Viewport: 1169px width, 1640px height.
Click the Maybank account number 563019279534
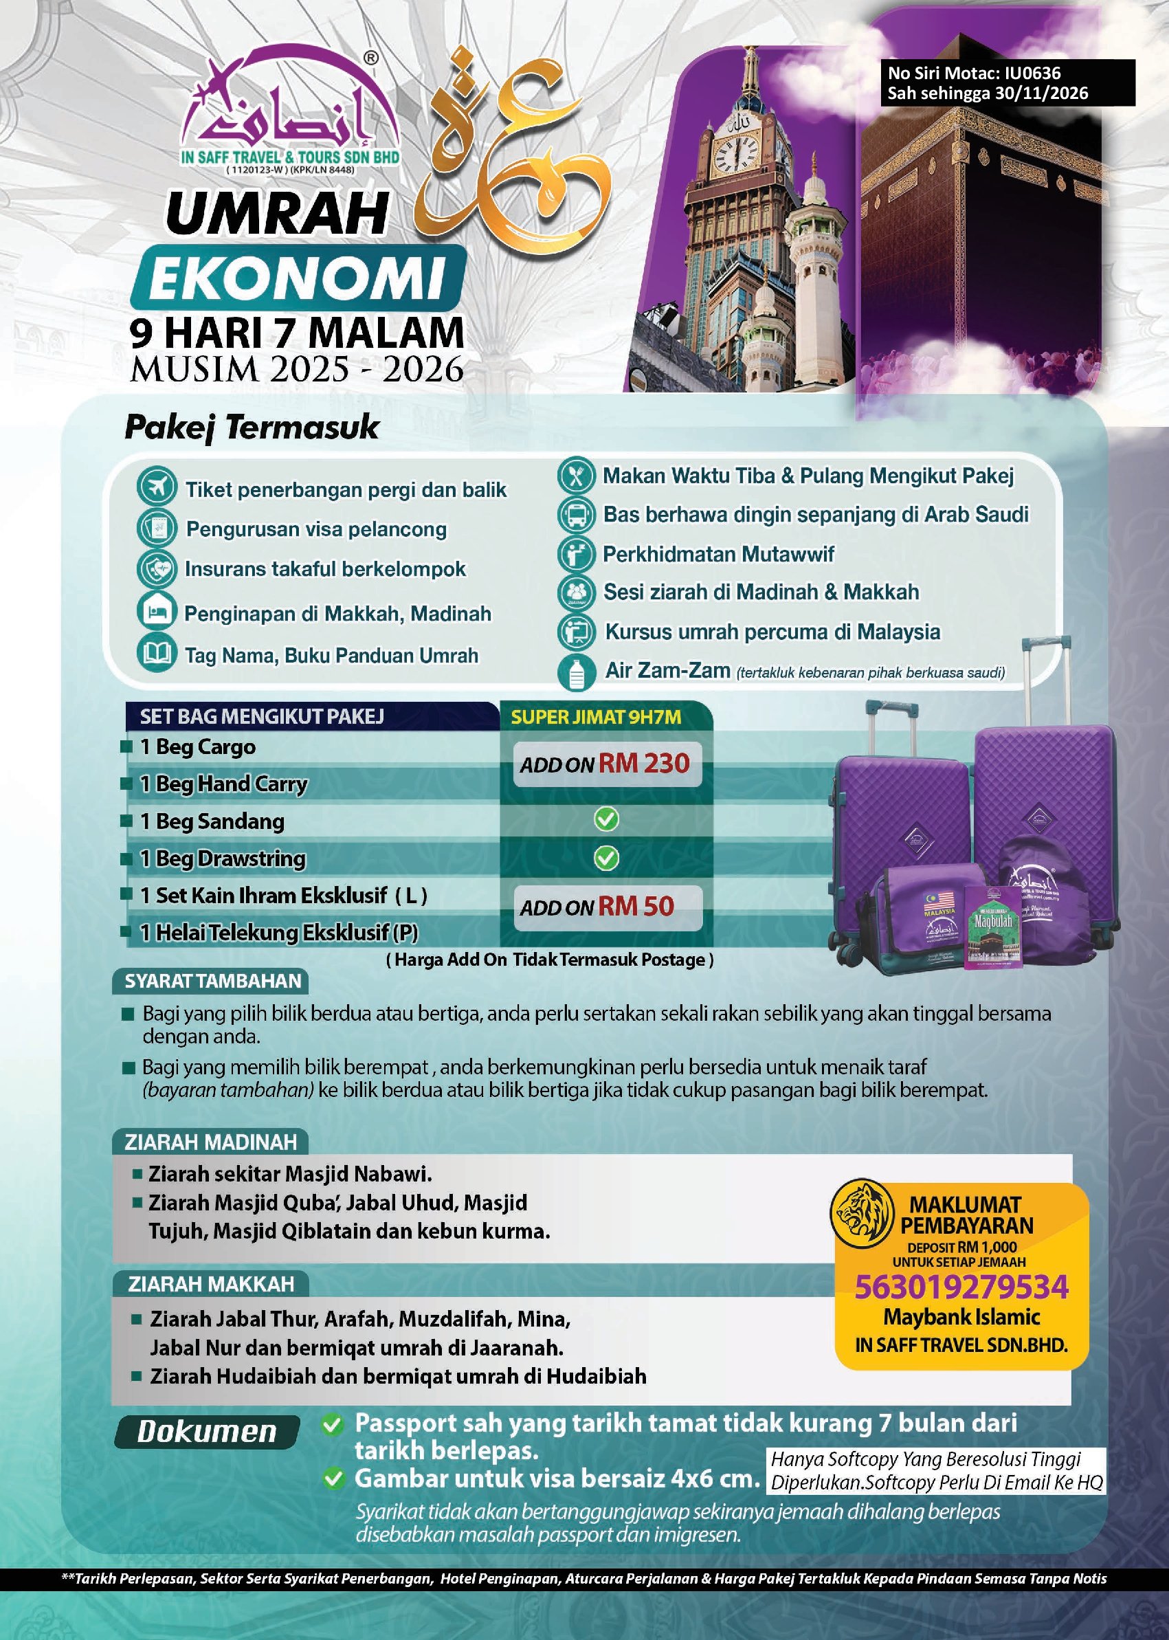coord(961,1287)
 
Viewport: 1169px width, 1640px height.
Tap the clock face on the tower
coord(735,153)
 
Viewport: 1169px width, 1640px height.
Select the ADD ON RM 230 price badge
coord(605,763)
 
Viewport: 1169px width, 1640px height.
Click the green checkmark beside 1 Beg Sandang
coord(606,819)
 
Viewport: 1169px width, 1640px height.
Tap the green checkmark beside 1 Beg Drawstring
coord(606,857)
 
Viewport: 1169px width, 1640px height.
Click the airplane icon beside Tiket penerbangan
coord(156,487)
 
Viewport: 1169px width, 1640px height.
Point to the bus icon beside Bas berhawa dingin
coord(577,514)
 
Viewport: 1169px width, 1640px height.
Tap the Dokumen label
coord(207,1432)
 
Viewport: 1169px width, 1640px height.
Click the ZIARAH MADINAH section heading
coord(210,1142)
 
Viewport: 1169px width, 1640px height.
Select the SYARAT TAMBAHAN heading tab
coord(212,982)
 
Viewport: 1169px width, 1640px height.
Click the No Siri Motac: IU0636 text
coord(973,73)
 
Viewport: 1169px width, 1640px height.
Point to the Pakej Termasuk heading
coord(252,427)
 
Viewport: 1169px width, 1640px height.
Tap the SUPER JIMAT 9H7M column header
coord(595,716)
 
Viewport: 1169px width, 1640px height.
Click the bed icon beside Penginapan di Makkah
coord(156,611)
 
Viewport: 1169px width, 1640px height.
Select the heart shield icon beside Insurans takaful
coord(156,568)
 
